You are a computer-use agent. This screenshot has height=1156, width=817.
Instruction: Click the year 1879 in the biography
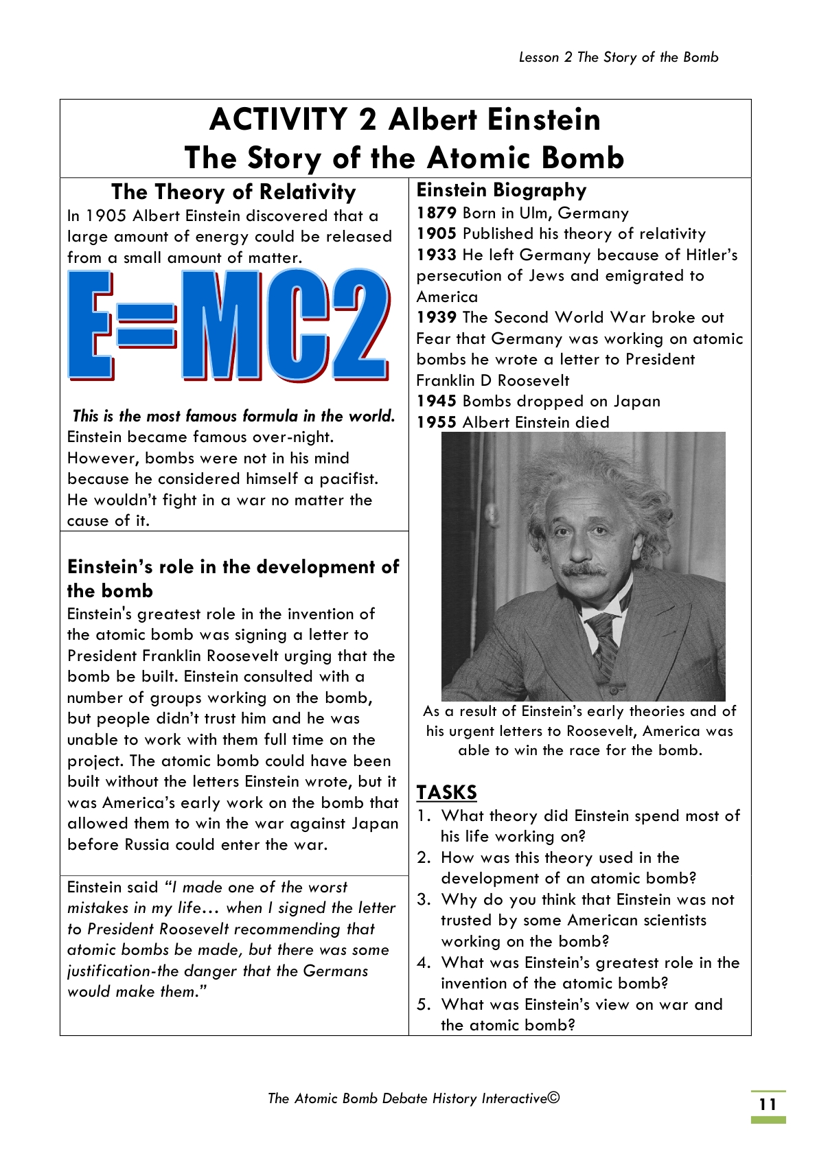(436, 213)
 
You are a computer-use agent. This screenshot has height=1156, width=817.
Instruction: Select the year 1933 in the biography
(436, 255)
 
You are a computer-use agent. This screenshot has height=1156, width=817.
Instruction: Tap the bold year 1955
(436, 422)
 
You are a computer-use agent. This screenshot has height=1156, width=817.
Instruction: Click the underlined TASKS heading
(446, 792)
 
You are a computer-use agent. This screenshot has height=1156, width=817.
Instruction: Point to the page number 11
(768, 1105)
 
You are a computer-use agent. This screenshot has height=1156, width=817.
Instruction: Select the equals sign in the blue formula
(146, 325)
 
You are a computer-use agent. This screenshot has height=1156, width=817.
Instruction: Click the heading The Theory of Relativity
(233, 192)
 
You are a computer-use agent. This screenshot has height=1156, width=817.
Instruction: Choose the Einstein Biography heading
(501, 190)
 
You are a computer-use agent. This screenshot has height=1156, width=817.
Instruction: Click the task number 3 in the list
(424, 899)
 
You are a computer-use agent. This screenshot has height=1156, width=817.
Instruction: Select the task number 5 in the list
(424, 1004)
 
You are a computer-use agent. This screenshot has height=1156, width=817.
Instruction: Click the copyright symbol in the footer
(554, 1097)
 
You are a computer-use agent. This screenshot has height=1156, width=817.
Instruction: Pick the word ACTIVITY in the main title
(278, 119)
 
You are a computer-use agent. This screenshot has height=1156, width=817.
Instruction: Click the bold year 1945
(436, 401)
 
